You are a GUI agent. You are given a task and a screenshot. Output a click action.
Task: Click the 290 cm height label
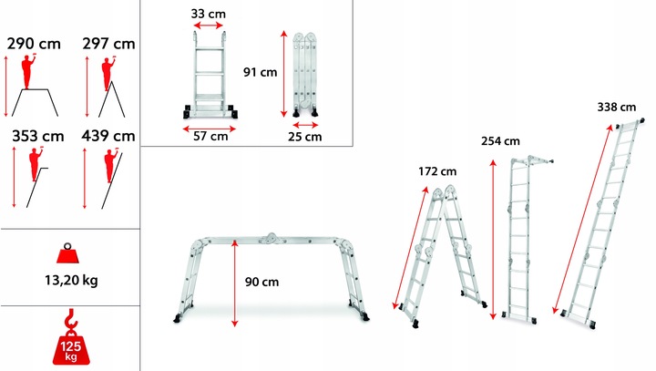(34, 44)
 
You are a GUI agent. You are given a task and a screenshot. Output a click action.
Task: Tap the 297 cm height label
(108, 44)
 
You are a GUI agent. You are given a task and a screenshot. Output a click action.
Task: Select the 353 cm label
(38, 136)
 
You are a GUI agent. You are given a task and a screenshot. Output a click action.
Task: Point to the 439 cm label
(108, 136)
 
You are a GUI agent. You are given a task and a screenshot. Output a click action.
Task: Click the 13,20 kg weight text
(71, 280)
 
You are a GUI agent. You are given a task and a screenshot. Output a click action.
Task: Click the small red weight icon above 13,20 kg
(68, 252)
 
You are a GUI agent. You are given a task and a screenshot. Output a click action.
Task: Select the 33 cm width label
(209, 14)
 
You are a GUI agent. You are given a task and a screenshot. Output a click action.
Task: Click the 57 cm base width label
(210, 136)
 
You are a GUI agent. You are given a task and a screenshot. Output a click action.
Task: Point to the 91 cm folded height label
(261, 72)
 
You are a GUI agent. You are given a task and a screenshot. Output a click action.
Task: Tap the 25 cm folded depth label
(305, 137)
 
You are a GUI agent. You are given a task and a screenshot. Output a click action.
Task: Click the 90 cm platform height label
(261, 282)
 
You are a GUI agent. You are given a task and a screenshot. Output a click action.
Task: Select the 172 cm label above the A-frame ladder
(437, 171)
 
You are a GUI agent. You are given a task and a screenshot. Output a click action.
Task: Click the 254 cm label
(500, 141)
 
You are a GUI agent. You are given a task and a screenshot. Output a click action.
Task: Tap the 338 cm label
(617, 108)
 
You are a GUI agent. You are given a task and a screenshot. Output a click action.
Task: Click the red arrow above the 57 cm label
(210, 129)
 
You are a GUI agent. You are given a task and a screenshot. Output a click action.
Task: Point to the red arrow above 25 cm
(305, 125)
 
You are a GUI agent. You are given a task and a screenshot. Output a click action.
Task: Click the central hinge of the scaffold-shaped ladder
(272, 238)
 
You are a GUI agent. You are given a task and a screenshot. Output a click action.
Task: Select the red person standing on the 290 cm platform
(28, 72)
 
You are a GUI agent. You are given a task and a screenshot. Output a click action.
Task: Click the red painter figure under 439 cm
(111, 165)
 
